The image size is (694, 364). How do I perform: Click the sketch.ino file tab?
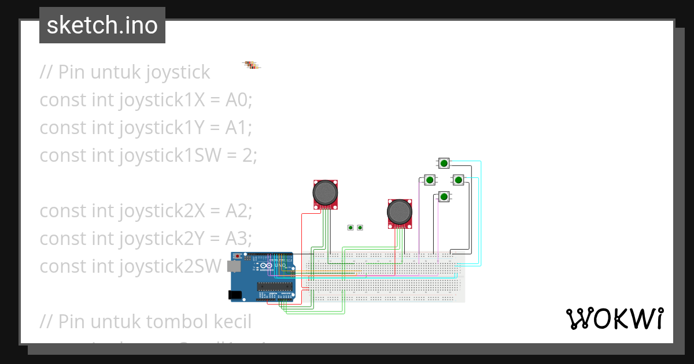(x=102, y=25)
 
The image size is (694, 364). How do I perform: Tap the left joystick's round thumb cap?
(x=326, y=192)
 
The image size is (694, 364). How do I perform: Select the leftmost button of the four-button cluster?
(x=430, y=180)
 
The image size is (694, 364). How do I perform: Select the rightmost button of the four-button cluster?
(x=458, y=180)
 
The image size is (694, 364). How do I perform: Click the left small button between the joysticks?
(x=350, y=228)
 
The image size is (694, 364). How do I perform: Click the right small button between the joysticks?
(x=360, y=228)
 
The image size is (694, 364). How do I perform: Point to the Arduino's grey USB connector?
(x=234, y=266)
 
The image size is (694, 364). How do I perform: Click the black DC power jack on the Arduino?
(x=235, y=295)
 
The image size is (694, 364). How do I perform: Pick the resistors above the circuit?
(x=252, y=65)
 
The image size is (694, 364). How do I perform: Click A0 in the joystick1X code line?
(x=237, y=100)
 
